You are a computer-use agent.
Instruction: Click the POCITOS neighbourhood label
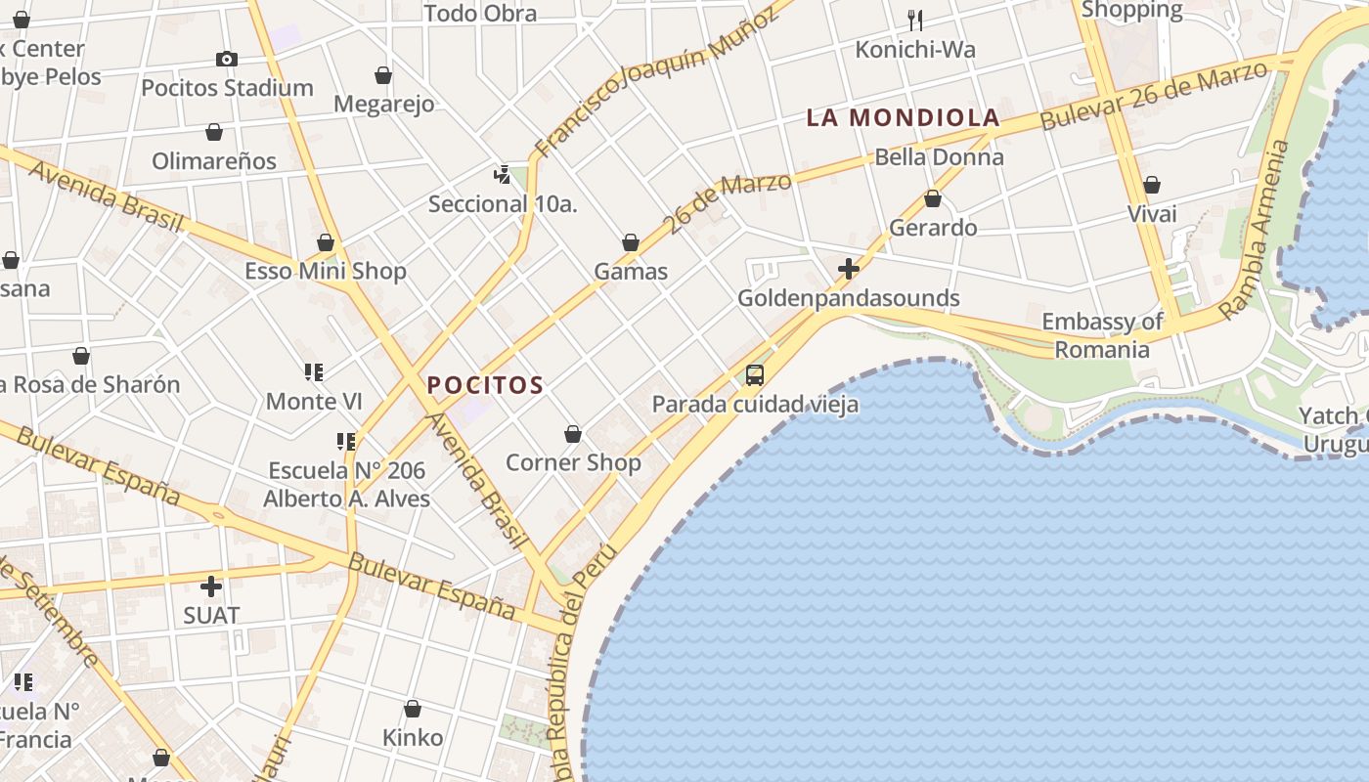click(x=485, y=385)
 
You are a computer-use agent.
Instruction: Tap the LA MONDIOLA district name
click(x=903, y=118)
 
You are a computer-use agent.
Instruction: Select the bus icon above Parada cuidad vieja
click(x=754, y=374)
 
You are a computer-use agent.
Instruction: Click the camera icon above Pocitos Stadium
click(x=227, y=59)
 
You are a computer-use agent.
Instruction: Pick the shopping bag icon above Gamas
click(x=631, y=242)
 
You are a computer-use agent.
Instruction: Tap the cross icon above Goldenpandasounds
click(x=848, y=268)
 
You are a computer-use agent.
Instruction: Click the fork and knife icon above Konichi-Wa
click(x=915, y=20)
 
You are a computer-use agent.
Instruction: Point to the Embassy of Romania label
click(x=1102, y=335)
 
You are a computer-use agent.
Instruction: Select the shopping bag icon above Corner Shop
click(x=573, y=434)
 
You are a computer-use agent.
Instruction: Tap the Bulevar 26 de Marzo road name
click(x=1154, y=95)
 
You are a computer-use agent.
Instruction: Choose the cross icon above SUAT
click(x=210, y=586)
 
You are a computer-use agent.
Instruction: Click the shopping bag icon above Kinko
click(x=413, y=709)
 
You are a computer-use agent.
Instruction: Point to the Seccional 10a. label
click(x=503, y=204)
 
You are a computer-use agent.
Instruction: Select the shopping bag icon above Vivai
click(x=1152, y=185)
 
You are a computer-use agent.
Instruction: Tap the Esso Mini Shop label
click(x=325, y=271)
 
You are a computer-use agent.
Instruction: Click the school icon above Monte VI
click(x=314, y=372)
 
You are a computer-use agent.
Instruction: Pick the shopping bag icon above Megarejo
click(x=383, y=75)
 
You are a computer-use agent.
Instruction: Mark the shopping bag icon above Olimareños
click(x=214, y=132)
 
